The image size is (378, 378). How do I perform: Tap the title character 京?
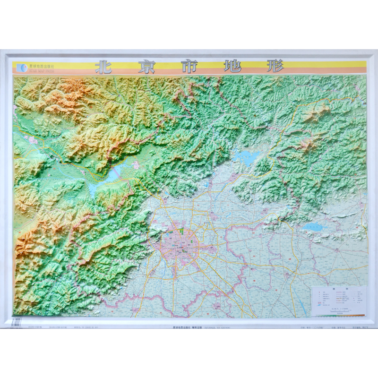146,67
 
